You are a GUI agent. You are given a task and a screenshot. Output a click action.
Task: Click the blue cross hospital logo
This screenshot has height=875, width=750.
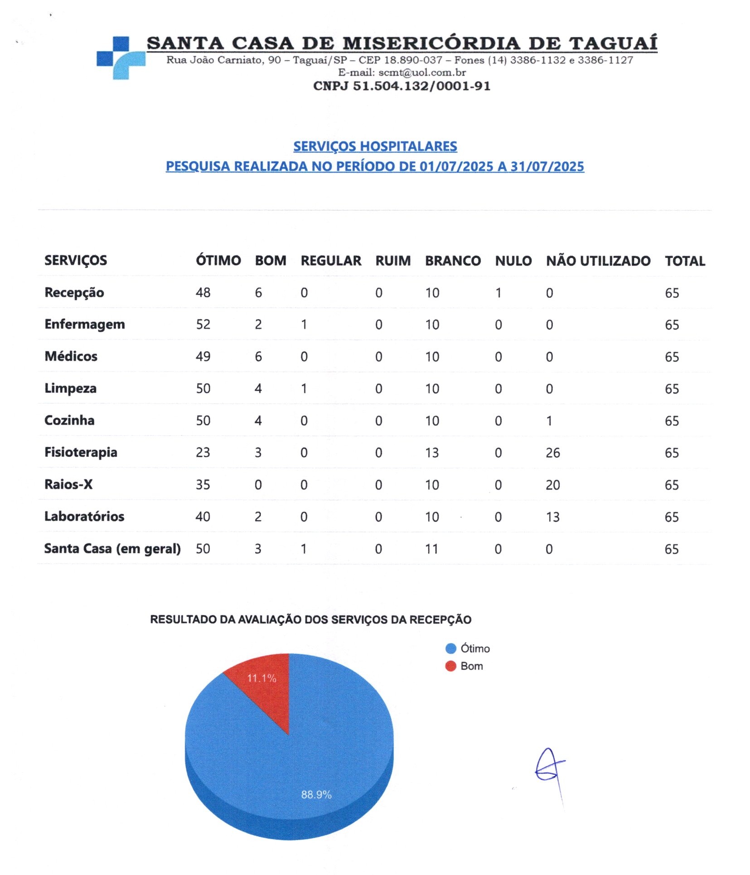(121, 58)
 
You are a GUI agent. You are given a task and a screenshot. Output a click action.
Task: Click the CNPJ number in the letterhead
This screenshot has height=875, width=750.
(402, 86)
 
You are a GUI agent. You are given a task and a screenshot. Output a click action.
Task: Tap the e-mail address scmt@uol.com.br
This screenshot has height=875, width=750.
(421, 73)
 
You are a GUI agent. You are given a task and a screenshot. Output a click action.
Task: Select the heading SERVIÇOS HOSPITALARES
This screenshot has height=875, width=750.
(375, 146)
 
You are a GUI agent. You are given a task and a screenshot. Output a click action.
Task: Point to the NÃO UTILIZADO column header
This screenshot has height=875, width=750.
(598, 261)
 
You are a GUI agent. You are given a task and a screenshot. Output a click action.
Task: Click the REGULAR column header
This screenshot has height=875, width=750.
(331, 261)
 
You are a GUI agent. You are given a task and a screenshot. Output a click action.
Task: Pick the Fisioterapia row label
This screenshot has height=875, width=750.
(81, 452)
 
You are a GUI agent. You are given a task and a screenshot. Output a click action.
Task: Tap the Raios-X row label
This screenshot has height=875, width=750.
(68, 484)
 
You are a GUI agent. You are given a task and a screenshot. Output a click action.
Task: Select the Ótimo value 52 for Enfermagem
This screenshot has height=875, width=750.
(203, 324)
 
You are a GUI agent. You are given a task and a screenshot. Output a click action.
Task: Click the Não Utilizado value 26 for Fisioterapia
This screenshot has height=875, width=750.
(552, 453)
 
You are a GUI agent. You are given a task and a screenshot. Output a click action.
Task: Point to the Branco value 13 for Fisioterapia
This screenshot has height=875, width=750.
(431, 453)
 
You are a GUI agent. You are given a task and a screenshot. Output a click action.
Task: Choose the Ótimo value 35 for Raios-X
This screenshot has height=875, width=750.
(203, 485)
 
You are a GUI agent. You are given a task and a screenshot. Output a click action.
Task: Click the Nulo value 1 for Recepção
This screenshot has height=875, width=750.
(498, 293)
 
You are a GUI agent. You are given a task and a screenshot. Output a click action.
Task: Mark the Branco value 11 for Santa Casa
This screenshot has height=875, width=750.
(431, 549)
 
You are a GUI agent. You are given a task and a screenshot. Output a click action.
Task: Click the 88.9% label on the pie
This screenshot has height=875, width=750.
(316, 794)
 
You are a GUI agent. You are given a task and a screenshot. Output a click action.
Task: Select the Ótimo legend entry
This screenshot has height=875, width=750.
(468, 648)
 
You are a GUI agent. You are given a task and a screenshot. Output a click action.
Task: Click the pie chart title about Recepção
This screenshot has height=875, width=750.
(310, 619)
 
